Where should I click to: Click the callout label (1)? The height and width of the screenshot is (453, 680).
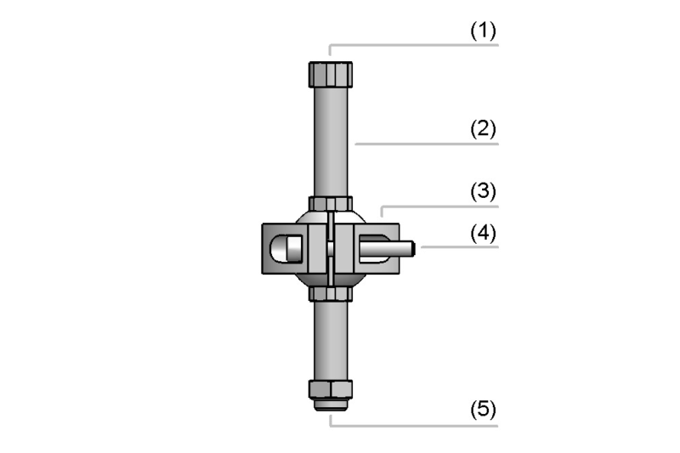(x=483, y=31)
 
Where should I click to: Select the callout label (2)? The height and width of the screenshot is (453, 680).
(x=483, y=129)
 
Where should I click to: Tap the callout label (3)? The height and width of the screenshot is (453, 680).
(x=483, y=191)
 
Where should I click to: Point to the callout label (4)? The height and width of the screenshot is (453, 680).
(x=483, y=233)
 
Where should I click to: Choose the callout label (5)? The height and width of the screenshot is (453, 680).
(x=483, y=409)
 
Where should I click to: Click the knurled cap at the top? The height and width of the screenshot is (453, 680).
(x=331, y=75)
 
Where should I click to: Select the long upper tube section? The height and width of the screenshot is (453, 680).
(x=331, y=142)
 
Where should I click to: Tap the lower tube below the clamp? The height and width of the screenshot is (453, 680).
(x=331, y=340)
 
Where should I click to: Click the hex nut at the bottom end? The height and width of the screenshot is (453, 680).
(x=331, y=389)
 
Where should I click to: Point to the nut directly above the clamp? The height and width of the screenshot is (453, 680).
(x=331, y=203)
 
